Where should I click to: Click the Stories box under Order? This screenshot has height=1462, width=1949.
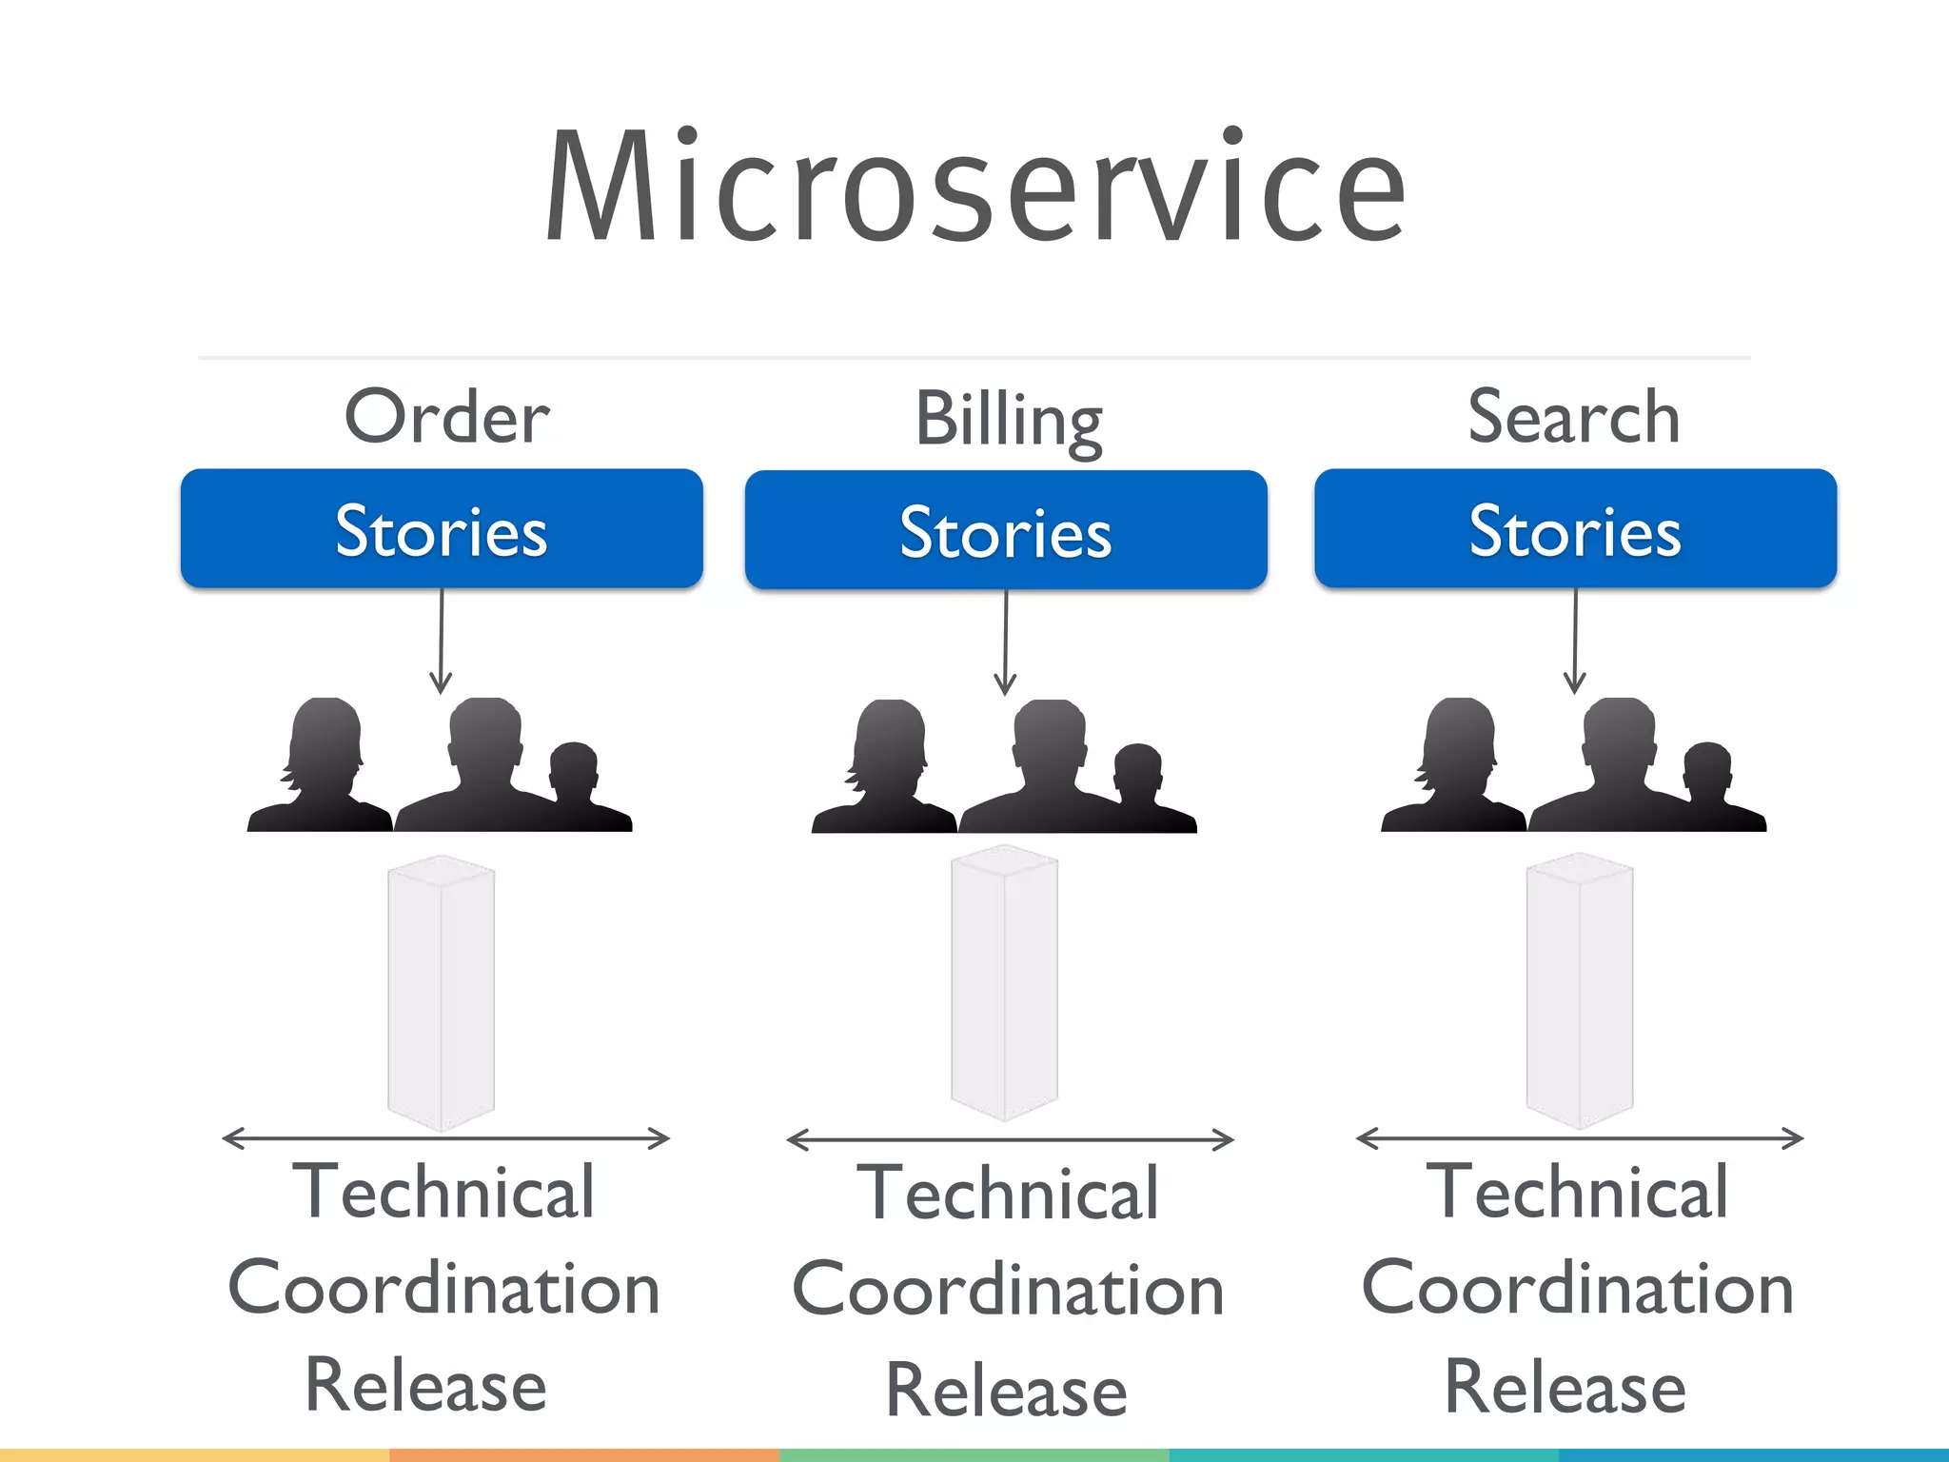coord(442,528)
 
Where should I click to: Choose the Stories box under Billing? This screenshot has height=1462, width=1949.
coord(1006,530)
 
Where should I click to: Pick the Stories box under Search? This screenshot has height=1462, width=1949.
coord(1575,528)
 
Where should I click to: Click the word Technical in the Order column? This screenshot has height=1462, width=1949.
coord(443,1192)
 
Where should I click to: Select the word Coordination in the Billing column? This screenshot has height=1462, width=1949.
coord(1008,1290)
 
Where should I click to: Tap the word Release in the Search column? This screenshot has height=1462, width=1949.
coord(1565,1387)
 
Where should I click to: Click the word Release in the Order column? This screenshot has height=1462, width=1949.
coord(426,1385)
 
